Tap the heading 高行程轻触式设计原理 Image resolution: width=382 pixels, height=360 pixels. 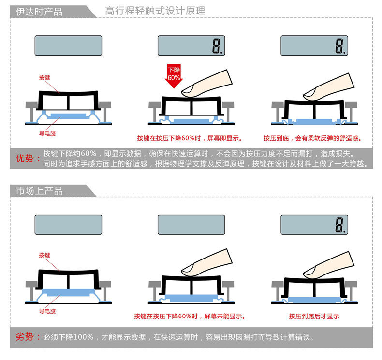155,11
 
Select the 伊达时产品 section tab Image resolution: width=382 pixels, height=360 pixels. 39,12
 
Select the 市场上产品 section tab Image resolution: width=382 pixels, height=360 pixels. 39,191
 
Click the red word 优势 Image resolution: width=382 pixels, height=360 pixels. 25,158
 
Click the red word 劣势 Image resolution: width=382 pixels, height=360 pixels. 25,337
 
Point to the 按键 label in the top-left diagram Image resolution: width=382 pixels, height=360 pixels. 44,77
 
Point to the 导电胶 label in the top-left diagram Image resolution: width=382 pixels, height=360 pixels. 47,133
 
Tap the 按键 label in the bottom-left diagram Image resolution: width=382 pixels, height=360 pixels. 44,255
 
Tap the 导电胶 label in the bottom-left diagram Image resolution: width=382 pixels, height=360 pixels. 47,311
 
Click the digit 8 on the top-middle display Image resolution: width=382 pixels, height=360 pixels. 216,46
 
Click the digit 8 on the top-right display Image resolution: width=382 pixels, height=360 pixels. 339,46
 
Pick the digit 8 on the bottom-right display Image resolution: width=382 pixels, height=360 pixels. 339,225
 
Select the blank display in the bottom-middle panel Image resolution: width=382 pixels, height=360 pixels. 191,225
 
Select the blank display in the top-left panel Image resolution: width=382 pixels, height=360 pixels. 68,45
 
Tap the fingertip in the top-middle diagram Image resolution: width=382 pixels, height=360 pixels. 188,91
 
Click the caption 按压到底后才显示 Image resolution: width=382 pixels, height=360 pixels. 314,316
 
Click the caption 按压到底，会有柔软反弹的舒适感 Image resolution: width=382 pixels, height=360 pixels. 312,138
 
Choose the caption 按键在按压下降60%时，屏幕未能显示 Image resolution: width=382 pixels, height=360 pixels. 189,316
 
